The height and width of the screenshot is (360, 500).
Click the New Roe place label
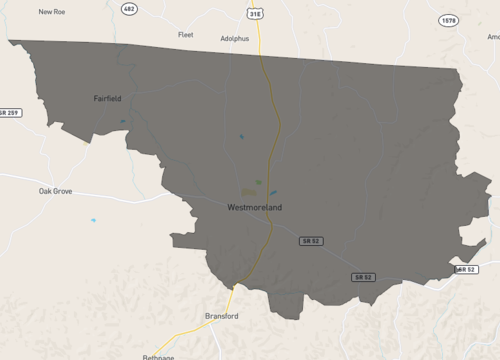coord(52,12)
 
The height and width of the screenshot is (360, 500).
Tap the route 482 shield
coord(128,8)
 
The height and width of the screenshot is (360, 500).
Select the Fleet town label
coord(185,34)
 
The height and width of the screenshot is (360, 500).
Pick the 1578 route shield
coord(448,20)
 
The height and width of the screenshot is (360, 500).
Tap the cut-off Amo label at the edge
coord(493,36)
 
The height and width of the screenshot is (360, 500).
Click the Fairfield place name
coord(107,99)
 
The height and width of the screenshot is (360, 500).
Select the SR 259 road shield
coord(10,112)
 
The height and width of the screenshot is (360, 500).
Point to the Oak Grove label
coord(55,190)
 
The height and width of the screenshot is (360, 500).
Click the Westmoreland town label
coord(255,207)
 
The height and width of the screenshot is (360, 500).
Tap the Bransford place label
coord(222,316)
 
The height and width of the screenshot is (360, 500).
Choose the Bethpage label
coord(158,356)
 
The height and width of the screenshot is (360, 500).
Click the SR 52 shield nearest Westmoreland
coord(311,241)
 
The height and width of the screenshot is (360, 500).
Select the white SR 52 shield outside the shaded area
coord(466,269)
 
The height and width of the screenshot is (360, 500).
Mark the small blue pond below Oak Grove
coord(93,220)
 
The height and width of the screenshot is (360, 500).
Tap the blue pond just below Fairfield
coord(123,122)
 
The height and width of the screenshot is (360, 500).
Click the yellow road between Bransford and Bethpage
coord(190,333)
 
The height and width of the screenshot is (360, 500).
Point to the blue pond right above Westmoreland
coord(272,193)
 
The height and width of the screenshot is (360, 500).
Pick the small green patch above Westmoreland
coord(258,182)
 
